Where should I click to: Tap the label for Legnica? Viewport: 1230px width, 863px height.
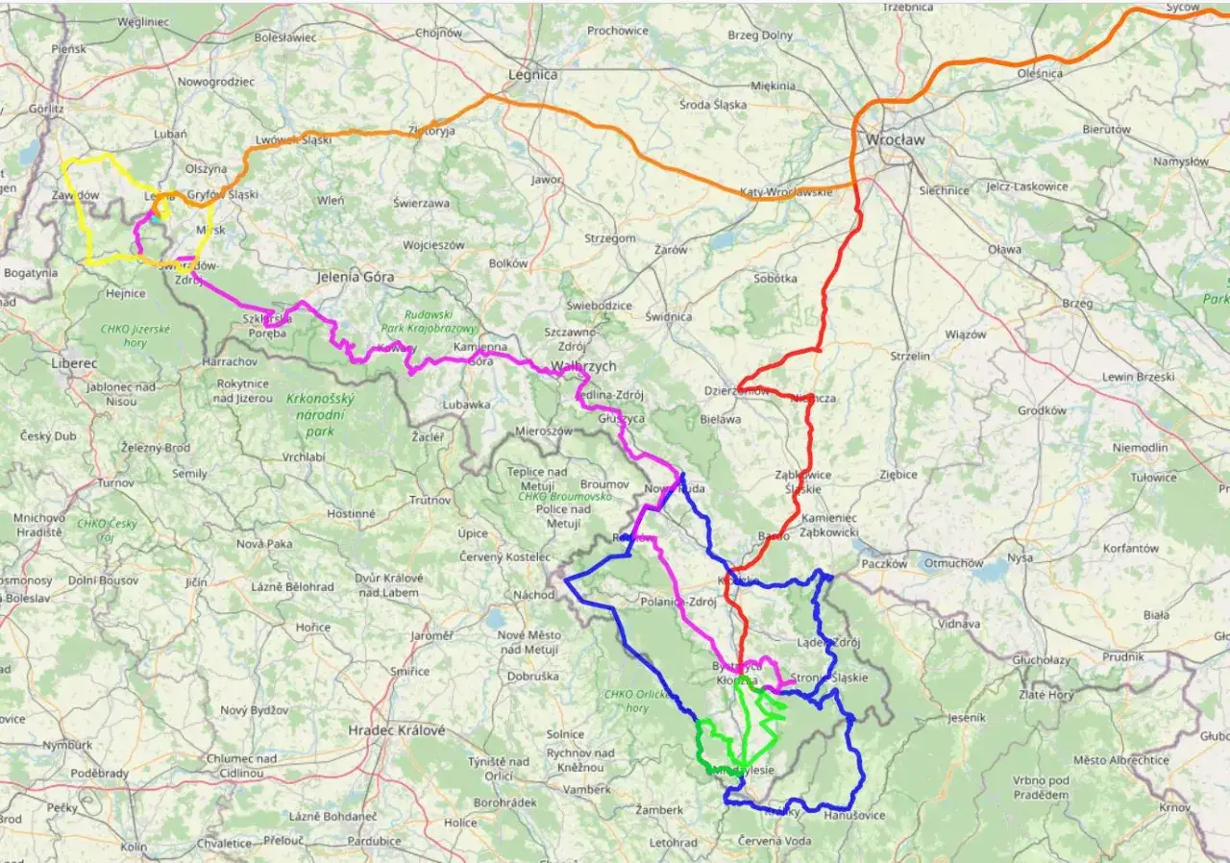pyautogui.click(x=533, y=74)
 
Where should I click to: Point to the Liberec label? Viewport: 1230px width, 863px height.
pyautogui.click(x=75, y=364)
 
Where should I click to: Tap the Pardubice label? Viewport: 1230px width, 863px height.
pyautogui.click(x=374, y=841)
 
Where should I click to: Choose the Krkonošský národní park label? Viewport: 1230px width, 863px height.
pyautogui.click(x=321, y=414)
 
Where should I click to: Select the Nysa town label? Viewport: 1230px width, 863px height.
pyautogui.click(x=1020, y=557)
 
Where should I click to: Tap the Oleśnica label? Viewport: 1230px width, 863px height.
pyautogui.click(x=1040, y=73)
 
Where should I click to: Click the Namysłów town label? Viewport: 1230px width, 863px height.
pyautogui.click(x=1181, y=161)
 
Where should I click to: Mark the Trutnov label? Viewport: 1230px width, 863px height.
pyautogui.click(x=430, y=500)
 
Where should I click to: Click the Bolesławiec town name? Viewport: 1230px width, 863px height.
pyautogui.click(x=285, y=37)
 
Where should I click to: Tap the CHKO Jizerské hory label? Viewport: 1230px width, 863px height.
pyautogui.click(x=135, y=334)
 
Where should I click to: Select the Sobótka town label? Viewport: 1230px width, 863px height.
pyautogui.click(x=775, y=279)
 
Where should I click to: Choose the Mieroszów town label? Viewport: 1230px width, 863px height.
pyautogui.click(x=544, y=431)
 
